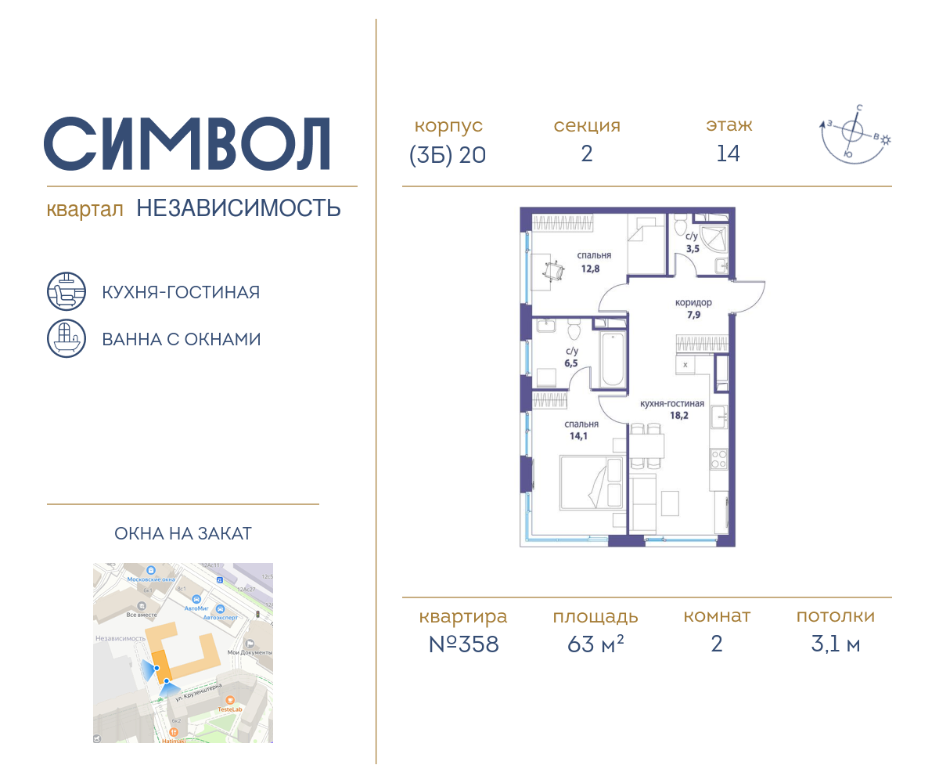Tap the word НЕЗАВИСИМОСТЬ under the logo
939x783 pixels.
point(239,208)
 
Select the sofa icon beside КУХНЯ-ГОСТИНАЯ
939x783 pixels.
point(66,292)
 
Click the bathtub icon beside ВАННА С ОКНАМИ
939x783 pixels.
point(66,338)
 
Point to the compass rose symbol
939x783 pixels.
point(853,135)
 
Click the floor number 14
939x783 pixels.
point(728,154)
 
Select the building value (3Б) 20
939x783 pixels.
point(448,155)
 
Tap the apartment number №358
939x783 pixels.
point(463,644)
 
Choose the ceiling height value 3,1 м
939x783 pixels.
point(835,644)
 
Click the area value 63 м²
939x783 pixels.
point(595,644)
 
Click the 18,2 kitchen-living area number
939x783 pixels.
point(672,417)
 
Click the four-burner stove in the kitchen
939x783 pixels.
point(718,459)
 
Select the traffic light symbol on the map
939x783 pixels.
point(220,580)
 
